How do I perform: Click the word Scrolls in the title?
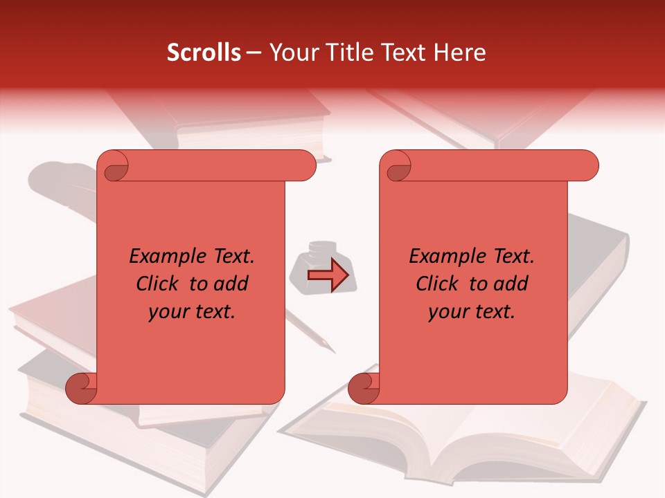coord(204,53)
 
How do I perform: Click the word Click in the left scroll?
coord(156,284)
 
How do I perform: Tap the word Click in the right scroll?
coord(436,284)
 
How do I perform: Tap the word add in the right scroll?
coord(511,284)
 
